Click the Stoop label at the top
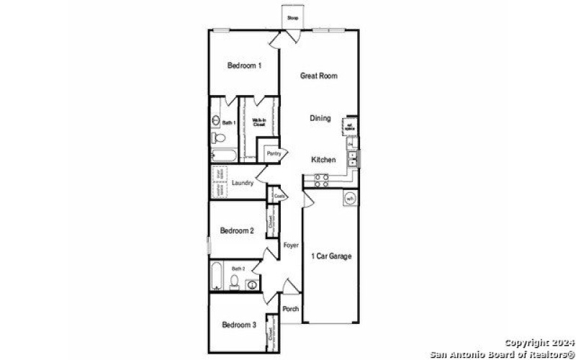[292, 17]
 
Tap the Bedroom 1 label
[244, 66]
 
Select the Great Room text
[319, 76]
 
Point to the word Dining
[320, 118]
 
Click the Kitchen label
[322, 159]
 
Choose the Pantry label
[274, 153]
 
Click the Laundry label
[242, 184]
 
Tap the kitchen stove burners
[320, 178]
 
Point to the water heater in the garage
[349, 198]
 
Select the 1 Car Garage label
[331, 256]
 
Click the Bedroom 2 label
[237, 231]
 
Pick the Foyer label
[290, 246]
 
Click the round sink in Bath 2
[251, 284]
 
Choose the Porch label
[290, 309]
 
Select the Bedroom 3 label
[239, 325]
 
